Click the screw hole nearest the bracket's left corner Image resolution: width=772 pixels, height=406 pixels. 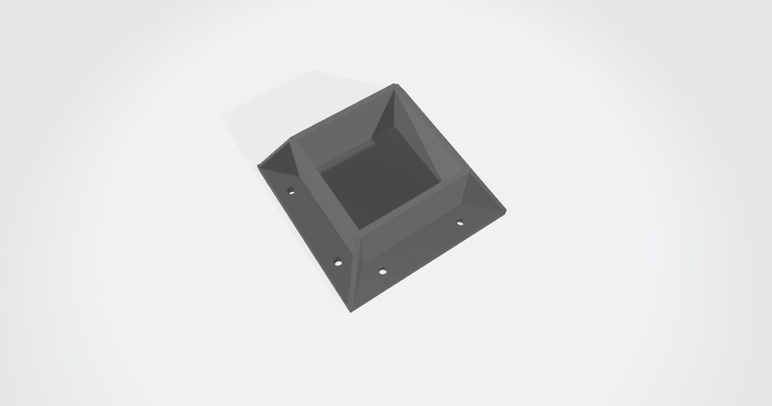click(291, 191)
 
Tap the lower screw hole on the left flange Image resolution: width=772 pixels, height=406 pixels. click(337, 262)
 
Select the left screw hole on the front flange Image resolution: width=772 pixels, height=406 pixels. click(382, 271)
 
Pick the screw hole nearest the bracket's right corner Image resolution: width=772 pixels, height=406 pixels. click(460, 223)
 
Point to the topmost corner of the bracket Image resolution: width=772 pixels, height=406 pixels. click(396, 84)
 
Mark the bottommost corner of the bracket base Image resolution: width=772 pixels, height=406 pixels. click(352, 313)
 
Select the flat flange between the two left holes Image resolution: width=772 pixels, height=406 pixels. click(313, 226)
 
